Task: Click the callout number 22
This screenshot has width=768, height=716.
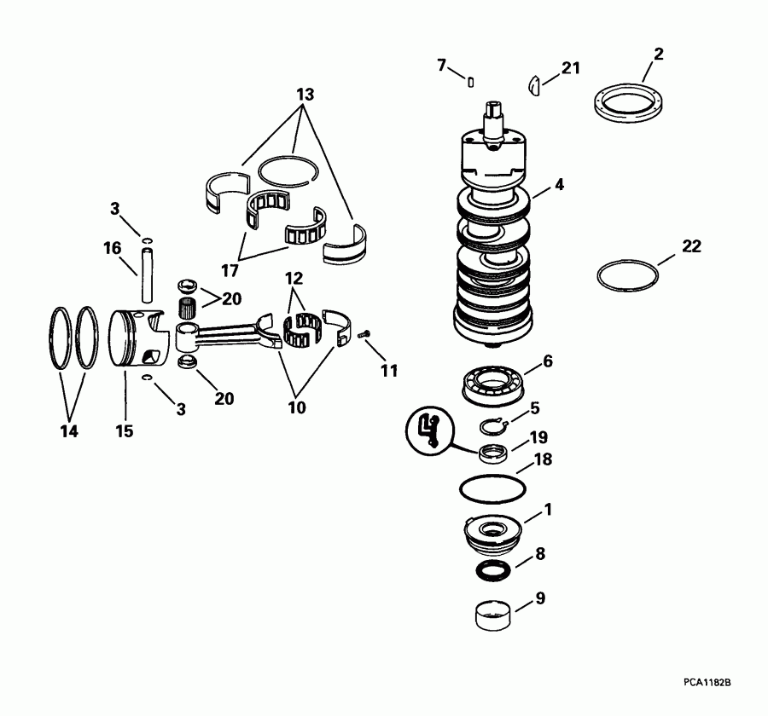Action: pos(691,246)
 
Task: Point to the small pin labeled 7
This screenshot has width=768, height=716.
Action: pos(471,81)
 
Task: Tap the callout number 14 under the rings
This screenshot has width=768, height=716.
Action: pos(69,431)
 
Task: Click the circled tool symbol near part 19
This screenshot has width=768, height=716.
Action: pos(431,430)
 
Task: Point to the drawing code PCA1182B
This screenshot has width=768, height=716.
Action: pos(712,682)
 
